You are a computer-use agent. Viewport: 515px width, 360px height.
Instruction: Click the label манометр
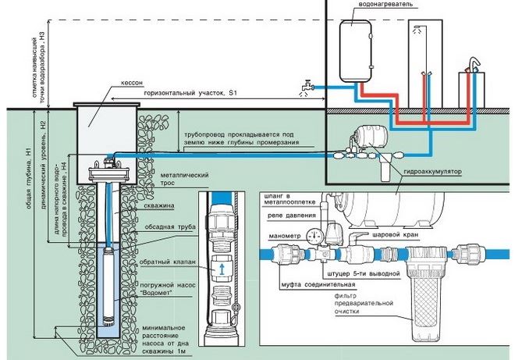click(x=279, y=231)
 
